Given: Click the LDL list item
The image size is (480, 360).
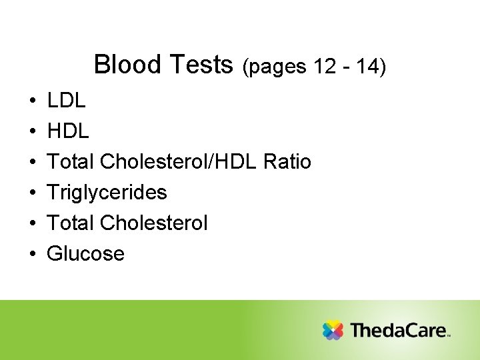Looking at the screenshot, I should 67,101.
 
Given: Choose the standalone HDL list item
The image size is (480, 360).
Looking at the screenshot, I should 68,132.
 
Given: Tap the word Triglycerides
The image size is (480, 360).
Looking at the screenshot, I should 107,193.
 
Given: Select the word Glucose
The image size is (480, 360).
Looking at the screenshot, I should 86,254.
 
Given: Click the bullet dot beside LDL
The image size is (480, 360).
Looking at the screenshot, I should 33,102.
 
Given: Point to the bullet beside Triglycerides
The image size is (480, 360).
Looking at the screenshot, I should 33,193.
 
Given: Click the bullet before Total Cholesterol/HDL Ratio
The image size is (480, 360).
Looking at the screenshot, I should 33,163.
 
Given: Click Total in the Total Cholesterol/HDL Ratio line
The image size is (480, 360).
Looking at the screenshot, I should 71,162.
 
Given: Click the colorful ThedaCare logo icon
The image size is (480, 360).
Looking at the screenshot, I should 333,330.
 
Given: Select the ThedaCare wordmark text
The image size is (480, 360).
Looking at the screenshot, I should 399,330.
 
